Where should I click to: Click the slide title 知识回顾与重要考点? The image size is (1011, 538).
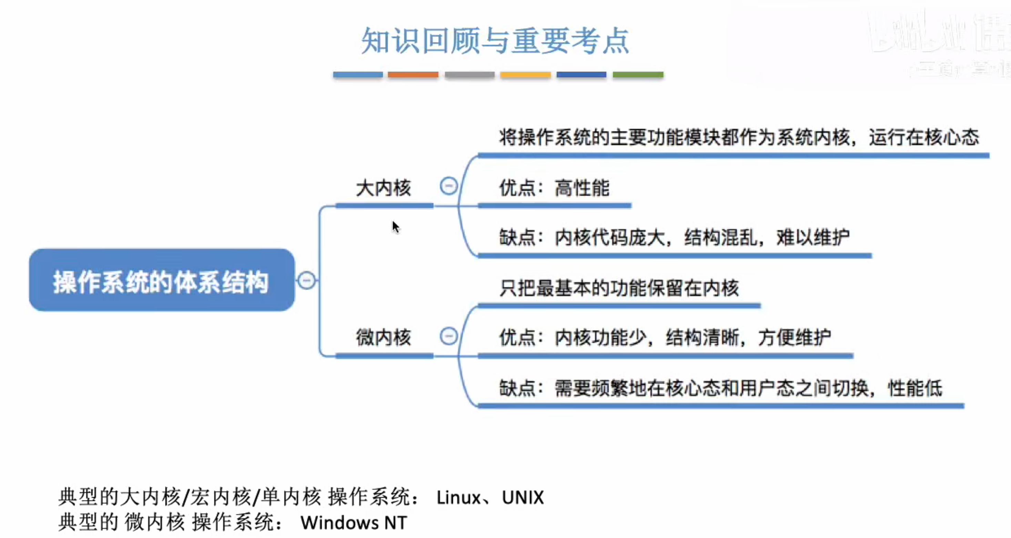[x=495, y=41]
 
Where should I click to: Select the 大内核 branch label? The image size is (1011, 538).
[x=384, y=188]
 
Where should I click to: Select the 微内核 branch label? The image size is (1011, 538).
[x=384, y=337]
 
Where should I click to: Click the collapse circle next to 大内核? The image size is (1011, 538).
[x=449, y=186]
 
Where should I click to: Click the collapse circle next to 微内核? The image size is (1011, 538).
[x=449, y=336]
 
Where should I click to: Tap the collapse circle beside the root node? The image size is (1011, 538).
[x=307, y=280]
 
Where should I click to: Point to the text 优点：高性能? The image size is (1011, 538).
[x=554, y=188]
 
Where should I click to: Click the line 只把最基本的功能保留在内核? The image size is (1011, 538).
[x=619, y=288]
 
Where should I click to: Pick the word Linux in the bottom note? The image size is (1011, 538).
[x=458, y=498]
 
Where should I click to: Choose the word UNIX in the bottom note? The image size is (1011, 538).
[x=523, y=498]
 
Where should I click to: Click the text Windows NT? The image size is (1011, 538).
[x=354, y=523]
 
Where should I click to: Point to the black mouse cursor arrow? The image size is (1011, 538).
[x=395, y=227]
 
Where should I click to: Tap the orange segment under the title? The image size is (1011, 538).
[x=413, y=75]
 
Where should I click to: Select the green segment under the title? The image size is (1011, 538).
[x=638, y=75]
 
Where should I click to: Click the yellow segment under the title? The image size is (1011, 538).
[x=525, y=75]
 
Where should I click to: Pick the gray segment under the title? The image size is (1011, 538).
[x=469, y=75]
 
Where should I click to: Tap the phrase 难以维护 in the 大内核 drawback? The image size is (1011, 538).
[x=813, y=237]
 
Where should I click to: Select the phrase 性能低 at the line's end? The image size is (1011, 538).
[x=915, y=388]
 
